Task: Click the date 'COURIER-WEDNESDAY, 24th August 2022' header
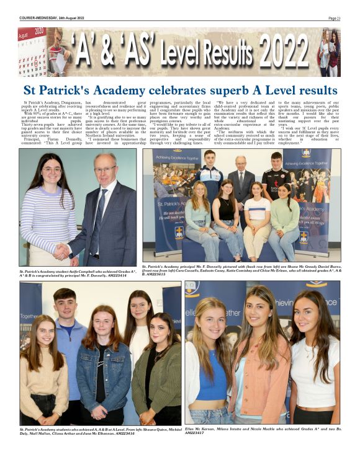click(x=52, y=18)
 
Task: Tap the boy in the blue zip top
click(x=65, y=335)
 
